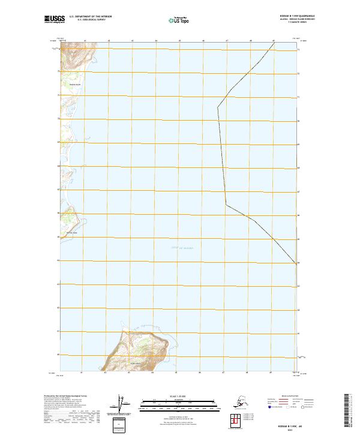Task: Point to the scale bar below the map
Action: click(x=179, y=404)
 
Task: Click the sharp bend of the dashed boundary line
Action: click(x=226, y=204)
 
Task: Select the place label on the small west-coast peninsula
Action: click(x=71, y=233)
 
